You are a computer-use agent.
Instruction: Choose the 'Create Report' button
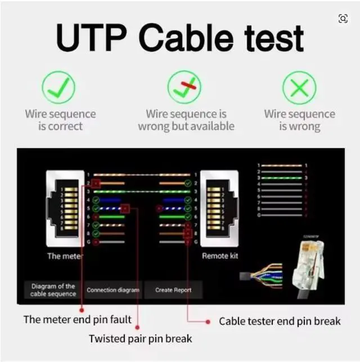point(173,290)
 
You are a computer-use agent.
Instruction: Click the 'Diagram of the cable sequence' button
point(53,290)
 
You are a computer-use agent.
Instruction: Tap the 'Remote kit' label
point(220,256)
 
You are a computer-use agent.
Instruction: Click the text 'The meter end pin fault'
point(77,320)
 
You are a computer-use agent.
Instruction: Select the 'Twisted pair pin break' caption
point(140,338)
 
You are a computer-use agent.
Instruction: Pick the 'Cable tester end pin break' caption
point(280,321)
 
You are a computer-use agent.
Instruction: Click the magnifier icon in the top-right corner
point(343,19)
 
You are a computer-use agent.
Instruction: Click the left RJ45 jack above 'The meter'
point(65,207)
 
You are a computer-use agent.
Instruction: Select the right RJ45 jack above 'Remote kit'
point(219,207)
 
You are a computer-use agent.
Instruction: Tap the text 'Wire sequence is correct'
point(60,120)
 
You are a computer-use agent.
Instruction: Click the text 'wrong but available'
point(186,126)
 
